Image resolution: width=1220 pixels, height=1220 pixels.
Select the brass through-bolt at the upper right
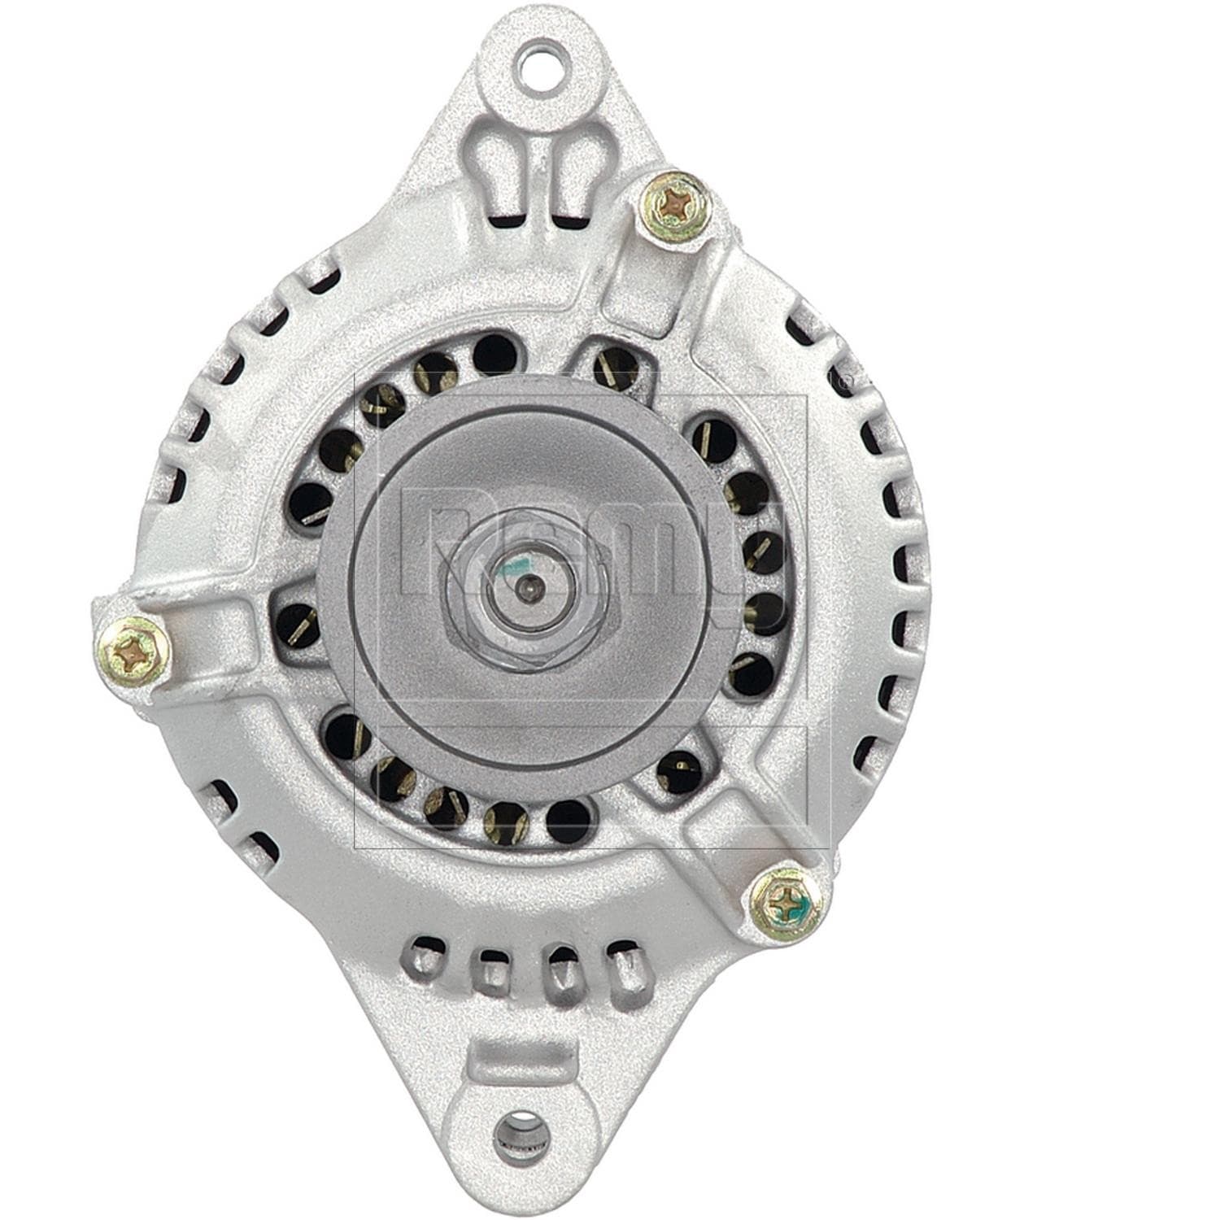tap(675, 207)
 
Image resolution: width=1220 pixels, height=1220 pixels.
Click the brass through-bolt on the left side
tap(133, 648)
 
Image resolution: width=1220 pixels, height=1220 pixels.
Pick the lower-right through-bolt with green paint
tap(786, 902)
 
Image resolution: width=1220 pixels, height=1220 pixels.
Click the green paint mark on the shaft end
tap(510, 568)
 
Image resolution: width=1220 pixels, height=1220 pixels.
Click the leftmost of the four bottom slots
tap(428, 956)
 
